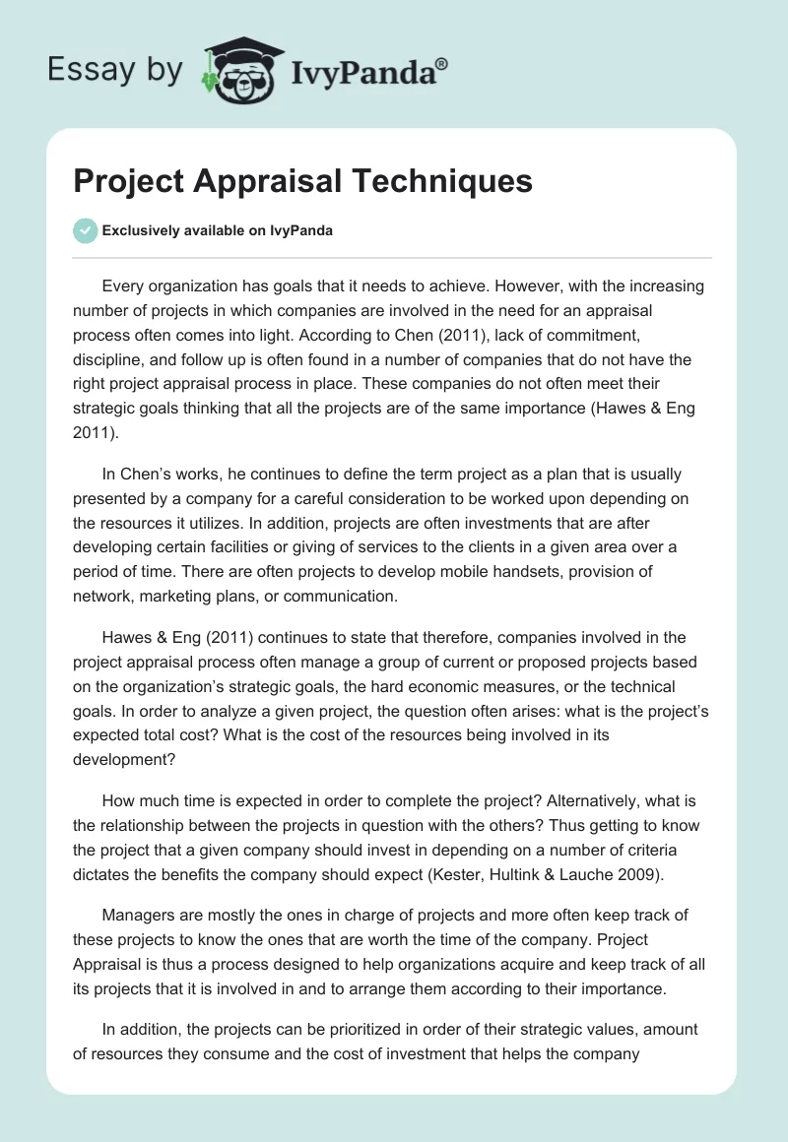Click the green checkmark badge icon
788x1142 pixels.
pos(85,230)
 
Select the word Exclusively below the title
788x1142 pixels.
pos(141,230)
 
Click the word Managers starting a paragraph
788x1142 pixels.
pos(141,916)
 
